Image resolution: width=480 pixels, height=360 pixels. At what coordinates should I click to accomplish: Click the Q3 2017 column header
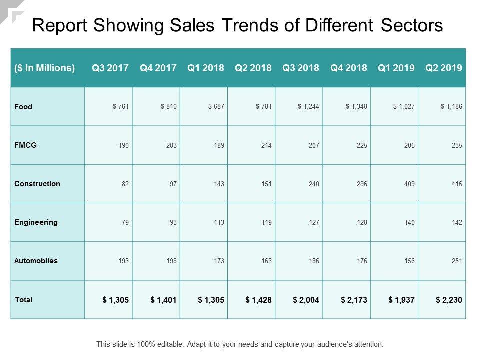[110, 68]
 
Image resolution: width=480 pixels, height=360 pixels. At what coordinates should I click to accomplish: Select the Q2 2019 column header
[443, 68]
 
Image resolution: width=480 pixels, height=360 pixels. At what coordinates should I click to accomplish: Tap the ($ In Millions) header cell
[45, 68]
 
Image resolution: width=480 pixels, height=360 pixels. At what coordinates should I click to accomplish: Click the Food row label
[23, 107]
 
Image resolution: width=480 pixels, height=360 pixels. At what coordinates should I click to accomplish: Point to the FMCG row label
[26, 145]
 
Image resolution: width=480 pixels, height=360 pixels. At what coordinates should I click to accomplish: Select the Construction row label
[37, 184]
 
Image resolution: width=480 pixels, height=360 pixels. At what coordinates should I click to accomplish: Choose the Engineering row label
[36, 222]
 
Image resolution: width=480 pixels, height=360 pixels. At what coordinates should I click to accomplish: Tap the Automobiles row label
[36, 261]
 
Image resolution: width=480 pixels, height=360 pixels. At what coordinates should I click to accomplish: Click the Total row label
[24, 300]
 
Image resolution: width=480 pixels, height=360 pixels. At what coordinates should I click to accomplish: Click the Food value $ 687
[215, 107]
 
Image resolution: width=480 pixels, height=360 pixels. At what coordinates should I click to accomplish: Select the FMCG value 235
[457, 145]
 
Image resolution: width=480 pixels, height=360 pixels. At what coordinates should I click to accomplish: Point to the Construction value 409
[409, 184]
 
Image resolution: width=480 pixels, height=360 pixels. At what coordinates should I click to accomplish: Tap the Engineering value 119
[266, 222]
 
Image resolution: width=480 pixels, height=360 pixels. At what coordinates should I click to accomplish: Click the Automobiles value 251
[457, 261]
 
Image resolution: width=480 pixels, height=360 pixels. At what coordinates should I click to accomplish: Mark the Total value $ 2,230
[449, 300]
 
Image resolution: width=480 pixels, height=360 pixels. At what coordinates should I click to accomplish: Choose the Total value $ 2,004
[306, 300]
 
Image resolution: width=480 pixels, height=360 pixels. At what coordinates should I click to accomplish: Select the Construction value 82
[125, 184]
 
